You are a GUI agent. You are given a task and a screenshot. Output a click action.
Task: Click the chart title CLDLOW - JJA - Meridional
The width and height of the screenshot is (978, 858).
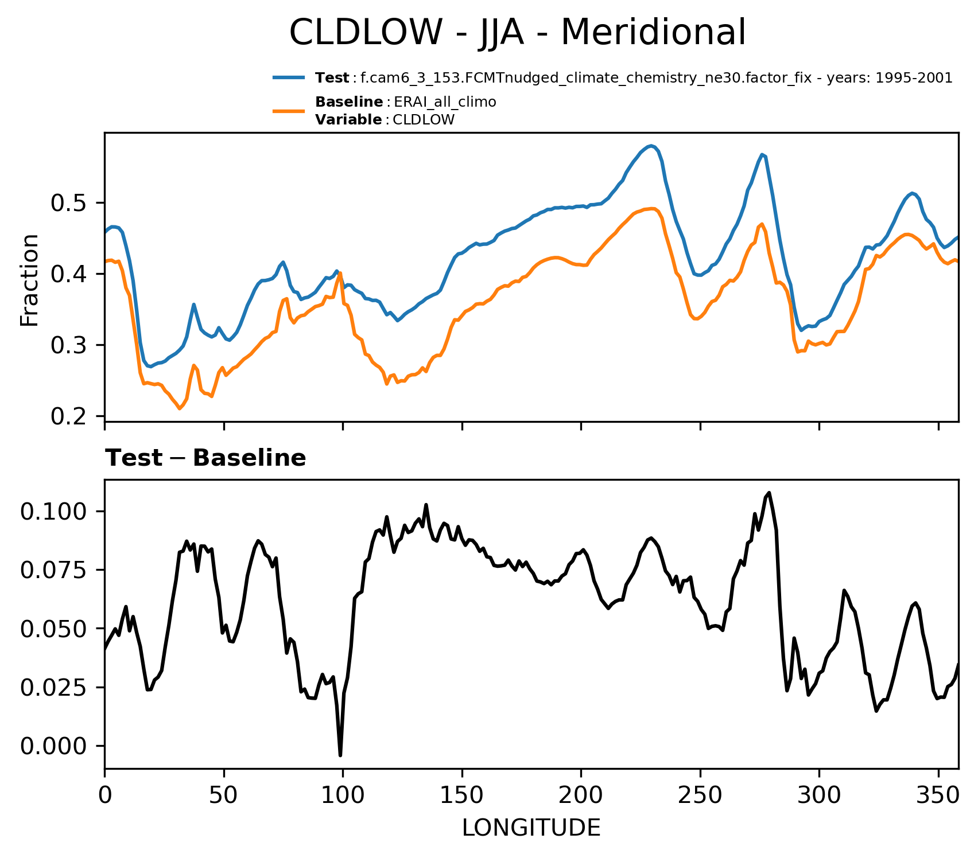click(517, 32)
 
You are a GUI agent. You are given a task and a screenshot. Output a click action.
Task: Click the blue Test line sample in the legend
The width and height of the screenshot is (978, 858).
click(289, 77)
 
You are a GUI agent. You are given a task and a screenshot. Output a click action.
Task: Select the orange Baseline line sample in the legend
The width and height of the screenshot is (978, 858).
click(289, 111)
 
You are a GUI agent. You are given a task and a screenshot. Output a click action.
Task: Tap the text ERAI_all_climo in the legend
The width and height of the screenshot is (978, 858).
click(445, 103)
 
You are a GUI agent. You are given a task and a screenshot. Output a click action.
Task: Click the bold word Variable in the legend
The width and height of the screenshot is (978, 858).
click(348, 120)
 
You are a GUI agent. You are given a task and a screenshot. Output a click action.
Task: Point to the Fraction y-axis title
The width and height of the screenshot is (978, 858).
click(30, 280)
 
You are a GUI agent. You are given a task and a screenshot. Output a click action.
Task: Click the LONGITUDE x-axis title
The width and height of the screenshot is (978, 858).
click(531, 828)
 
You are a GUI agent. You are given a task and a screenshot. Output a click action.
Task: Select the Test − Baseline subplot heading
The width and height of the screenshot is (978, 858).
click(205, 458)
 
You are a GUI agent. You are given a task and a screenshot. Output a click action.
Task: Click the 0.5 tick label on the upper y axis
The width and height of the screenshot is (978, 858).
click(68, 203)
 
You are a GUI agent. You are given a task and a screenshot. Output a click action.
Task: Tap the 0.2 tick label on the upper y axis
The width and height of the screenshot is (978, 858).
click(68, 416)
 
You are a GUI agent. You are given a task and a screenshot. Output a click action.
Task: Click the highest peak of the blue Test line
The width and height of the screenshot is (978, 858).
click(650, 146)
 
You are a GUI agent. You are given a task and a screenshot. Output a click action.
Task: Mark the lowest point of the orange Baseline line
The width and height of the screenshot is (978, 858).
click(180, 409)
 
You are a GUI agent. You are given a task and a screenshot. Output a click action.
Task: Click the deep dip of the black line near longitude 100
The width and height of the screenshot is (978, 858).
click(340, 755)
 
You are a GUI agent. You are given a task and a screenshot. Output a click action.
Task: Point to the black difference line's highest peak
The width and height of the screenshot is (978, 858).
click(769, 493)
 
